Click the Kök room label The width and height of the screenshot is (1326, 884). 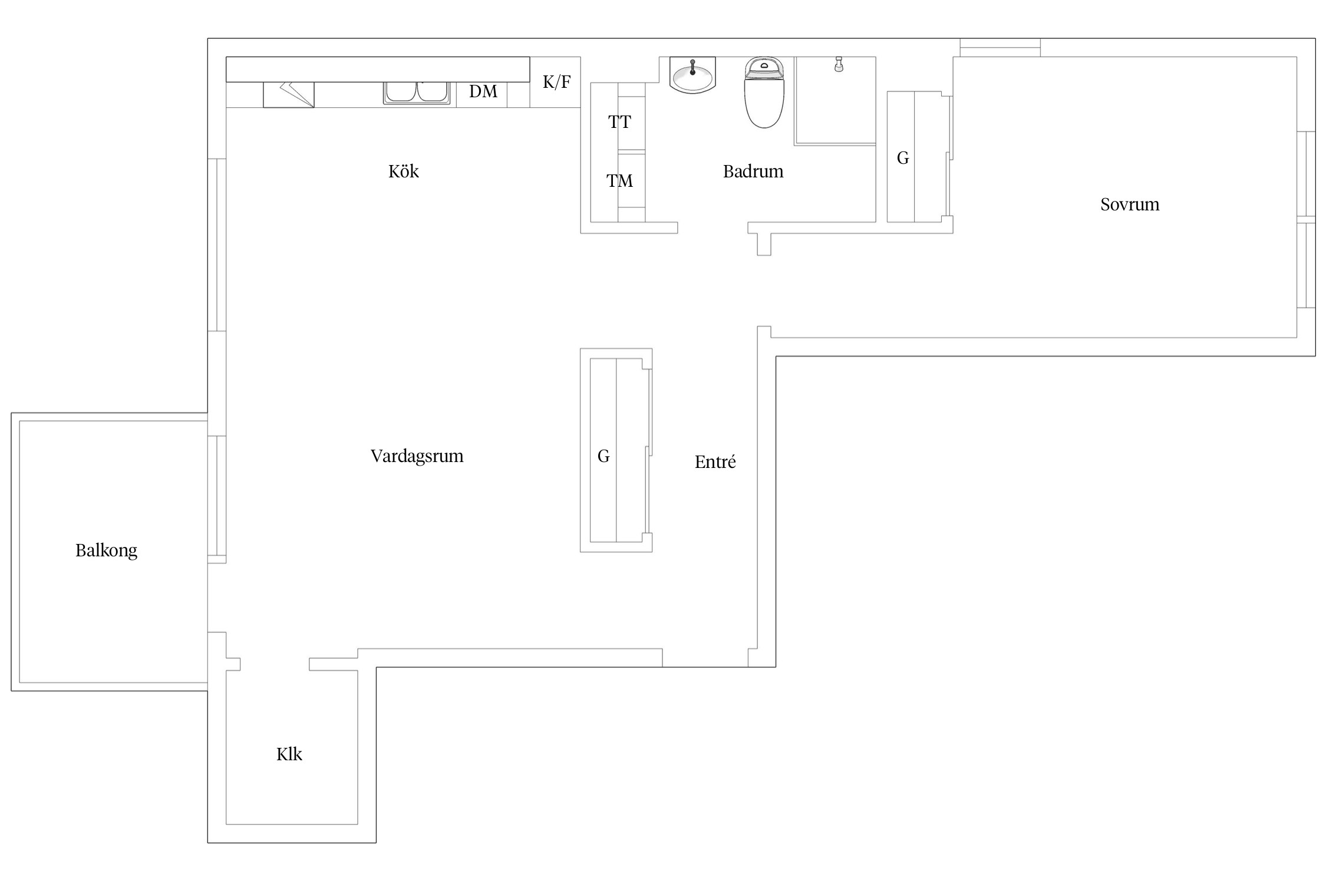point(404,171)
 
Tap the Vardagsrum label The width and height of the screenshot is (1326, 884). point(417,456)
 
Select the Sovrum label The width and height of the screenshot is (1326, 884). point(1130,204)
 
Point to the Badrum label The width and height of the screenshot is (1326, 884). point(753,171)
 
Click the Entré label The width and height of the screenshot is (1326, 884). point(715,462)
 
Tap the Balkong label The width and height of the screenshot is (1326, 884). point(106,550)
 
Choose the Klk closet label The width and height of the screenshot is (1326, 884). point(289,754)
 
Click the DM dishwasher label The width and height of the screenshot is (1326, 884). point(483,91)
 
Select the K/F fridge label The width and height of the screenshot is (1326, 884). point(556,82)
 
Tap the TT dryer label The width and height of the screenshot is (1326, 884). point(619,122)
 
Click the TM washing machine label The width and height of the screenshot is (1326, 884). point(619,181)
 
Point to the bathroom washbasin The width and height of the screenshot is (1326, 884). point(692,75)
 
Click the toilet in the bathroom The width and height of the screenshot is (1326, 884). point(764,93)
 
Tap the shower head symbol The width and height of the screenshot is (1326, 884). point(839,64)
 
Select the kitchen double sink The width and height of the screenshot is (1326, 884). point(417,93)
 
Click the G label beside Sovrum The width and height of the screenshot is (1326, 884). point(903,158)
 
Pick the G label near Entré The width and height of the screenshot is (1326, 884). point(603,456)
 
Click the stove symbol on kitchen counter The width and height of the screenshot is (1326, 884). point(289,95)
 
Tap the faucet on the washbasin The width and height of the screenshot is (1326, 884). point(692,67)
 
